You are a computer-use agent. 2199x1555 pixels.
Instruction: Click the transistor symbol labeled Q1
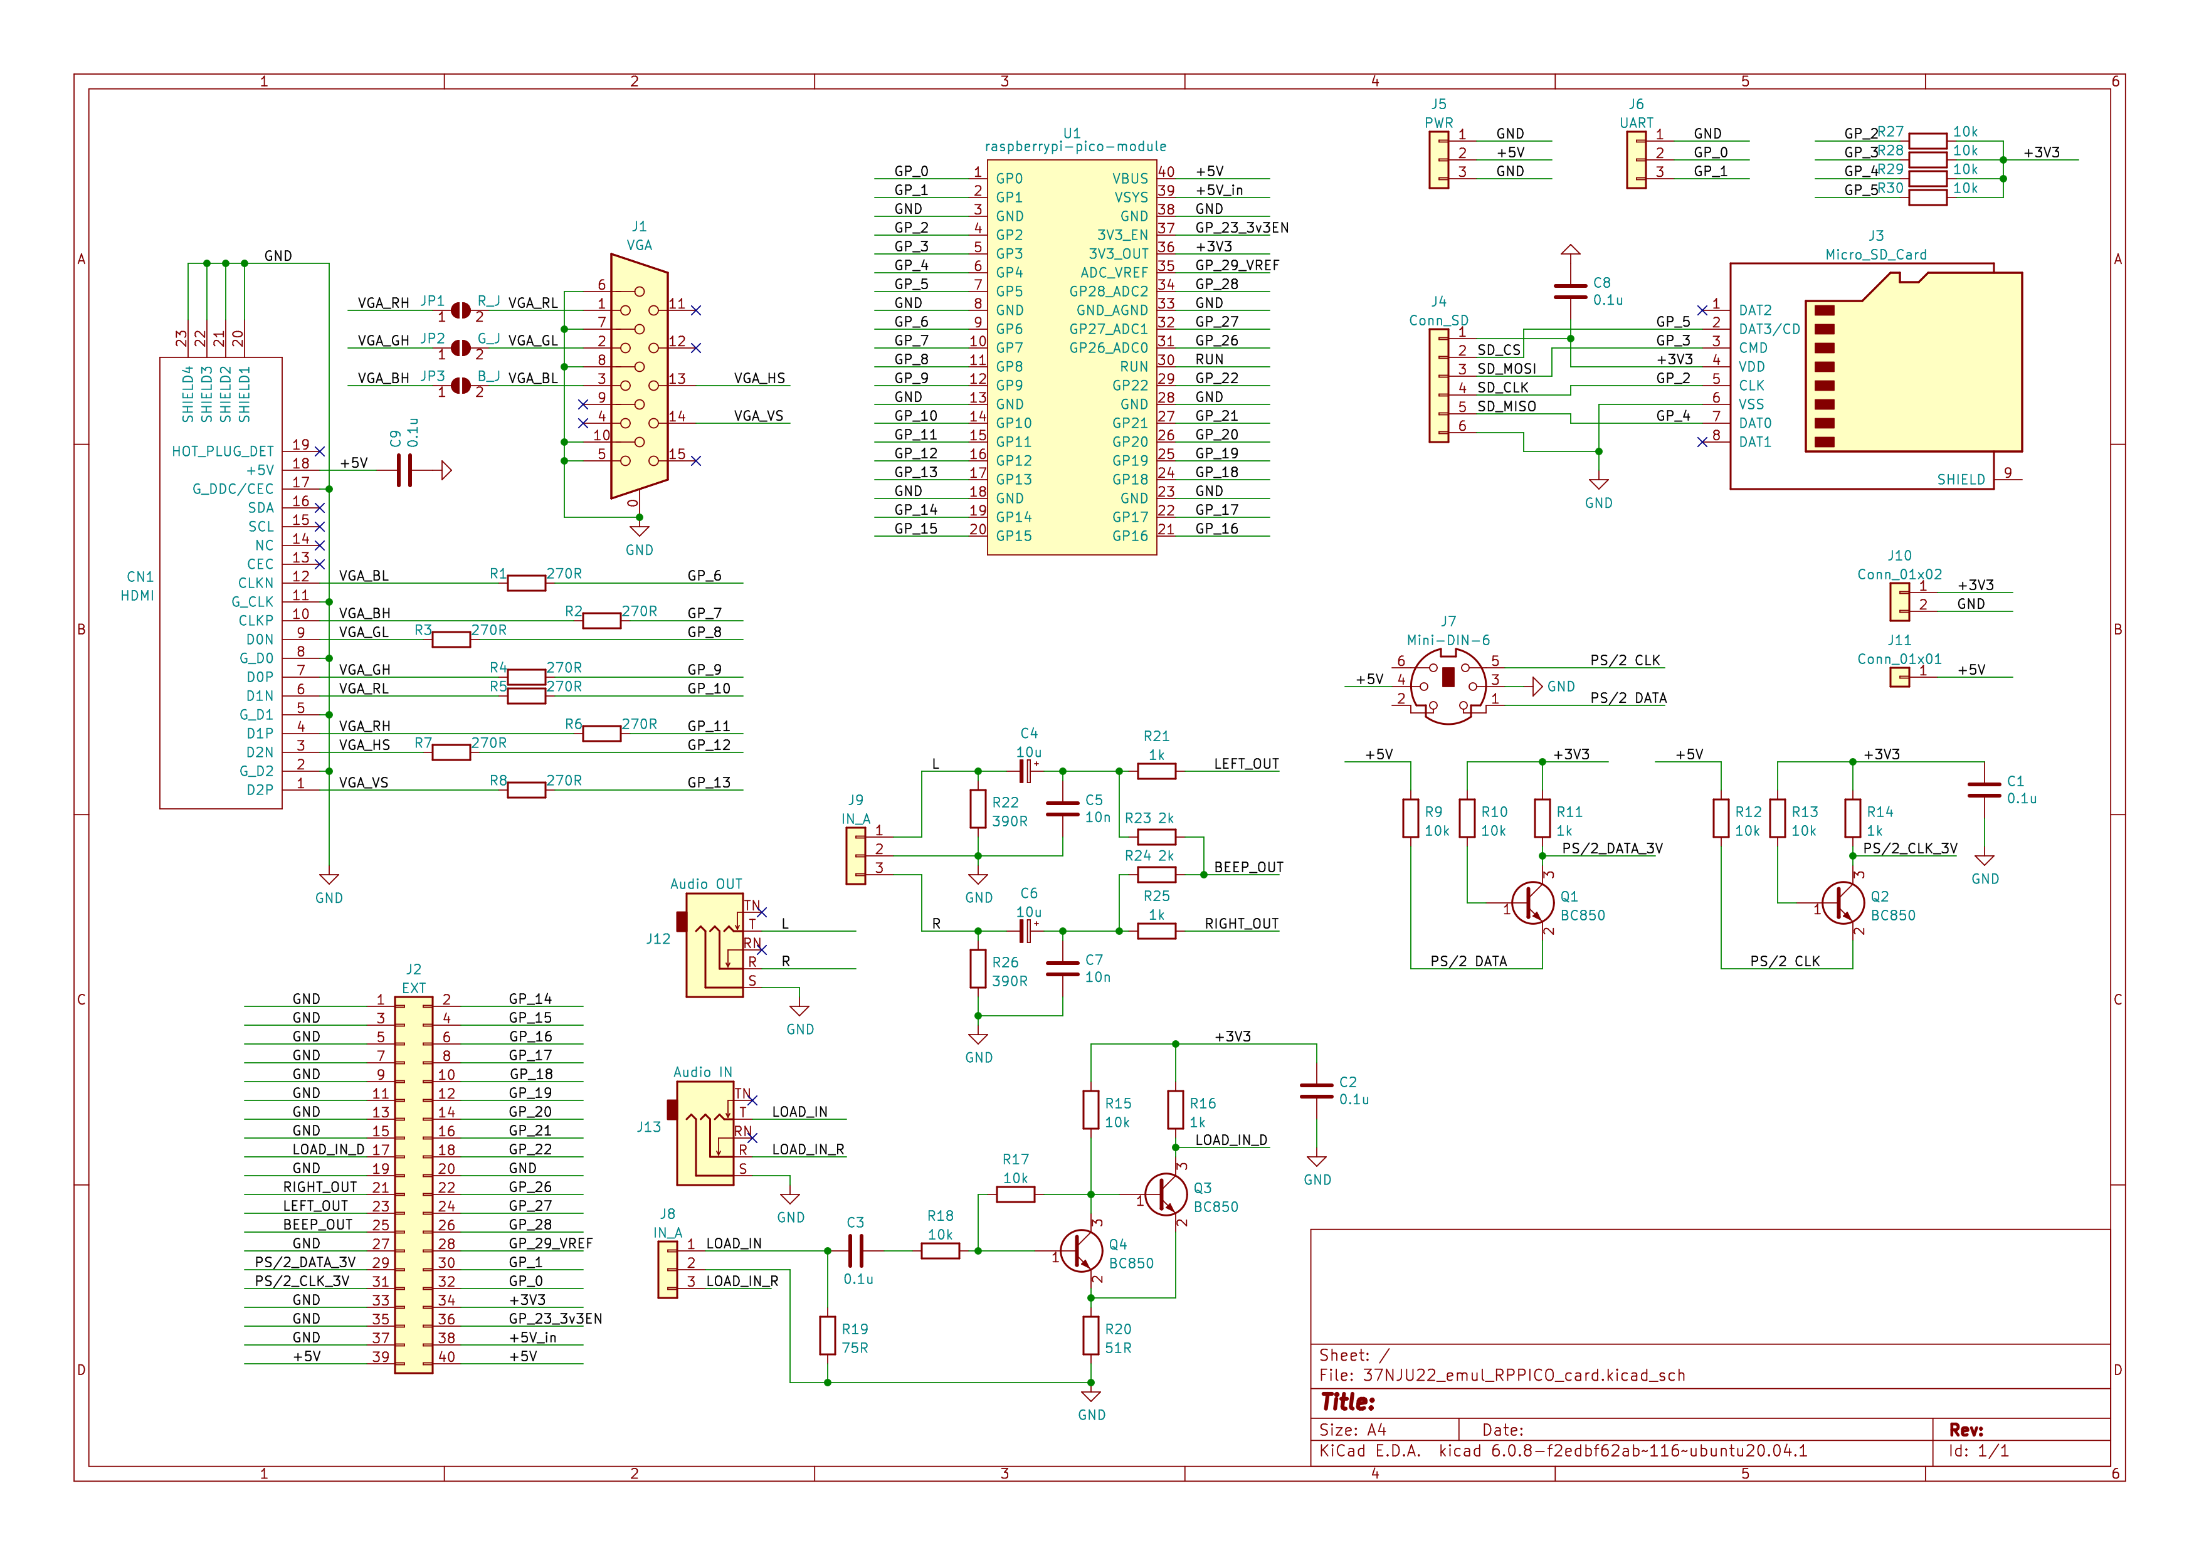[1533, 903]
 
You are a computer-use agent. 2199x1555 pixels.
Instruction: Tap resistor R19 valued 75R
[828, 1335]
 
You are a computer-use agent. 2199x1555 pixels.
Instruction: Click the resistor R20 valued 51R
[1091, 1335]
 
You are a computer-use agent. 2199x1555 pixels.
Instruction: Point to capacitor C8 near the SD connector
[1571, 291]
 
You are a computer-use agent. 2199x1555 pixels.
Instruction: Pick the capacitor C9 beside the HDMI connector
[404, 470]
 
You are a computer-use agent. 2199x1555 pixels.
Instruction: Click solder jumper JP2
[461, 347]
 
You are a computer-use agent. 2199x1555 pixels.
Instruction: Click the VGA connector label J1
[639, 227]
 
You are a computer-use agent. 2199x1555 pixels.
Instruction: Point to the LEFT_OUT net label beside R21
[1246, 764]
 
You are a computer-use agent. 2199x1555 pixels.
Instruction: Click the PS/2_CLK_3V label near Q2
[1910, 848]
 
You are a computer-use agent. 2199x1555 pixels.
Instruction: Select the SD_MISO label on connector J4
[1507, 407]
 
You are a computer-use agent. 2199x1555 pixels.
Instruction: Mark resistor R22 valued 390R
[978, 809]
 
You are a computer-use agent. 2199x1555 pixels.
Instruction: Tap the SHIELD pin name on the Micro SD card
[1961, 480]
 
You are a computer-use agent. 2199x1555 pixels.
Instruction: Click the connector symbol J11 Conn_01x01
[1899, 677]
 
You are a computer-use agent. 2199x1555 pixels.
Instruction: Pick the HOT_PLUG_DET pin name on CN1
[223, 451]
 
